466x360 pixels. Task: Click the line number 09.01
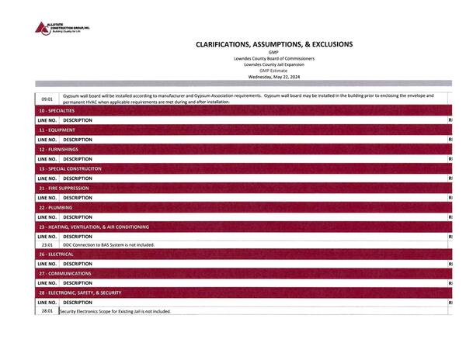[x=47, y=99]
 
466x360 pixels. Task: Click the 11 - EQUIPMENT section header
[x=56, y=130]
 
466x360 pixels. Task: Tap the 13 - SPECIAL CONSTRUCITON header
[x=69, y=168]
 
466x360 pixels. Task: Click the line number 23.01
[x=47, y=244]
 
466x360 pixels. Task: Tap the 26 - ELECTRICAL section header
[x=56, y=254]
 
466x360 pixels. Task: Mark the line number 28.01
[x=47, y=311]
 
